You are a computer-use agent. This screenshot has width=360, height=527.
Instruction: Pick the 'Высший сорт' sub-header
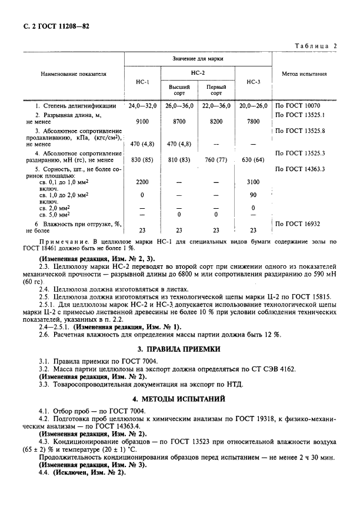[x=179, y=90]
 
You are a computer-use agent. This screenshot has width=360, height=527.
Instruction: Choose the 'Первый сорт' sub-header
[x=216, y=90]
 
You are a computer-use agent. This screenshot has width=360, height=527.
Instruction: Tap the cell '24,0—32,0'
[x=142, y=106]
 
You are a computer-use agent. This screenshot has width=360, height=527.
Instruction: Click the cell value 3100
[x=254, y=183]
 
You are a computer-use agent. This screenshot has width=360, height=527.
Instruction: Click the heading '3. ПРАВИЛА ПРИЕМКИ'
[x=179, y=349]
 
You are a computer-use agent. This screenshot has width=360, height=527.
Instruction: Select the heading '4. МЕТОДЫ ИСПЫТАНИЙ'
[x=179, y=398]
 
